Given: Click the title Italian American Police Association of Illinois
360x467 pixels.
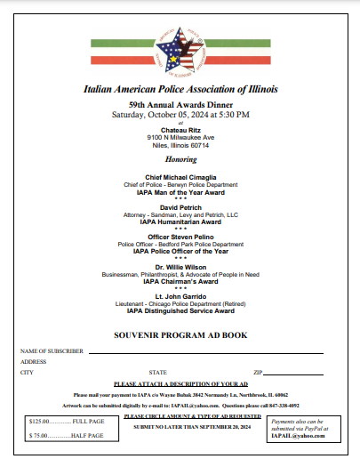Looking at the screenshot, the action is point(180,90).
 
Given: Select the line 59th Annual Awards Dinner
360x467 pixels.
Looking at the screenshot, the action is point(180,104).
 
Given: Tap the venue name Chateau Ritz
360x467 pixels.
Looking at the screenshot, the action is point(180,130).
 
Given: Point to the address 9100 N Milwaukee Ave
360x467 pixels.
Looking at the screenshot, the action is point(180,138).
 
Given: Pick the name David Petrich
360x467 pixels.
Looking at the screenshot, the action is point(180,206).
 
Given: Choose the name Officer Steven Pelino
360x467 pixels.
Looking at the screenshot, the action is point(180,237).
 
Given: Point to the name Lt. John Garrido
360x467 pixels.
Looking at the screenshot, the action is point(180,296).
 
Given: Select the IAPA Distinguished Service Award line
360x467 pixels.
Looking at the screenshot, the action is point(180,311).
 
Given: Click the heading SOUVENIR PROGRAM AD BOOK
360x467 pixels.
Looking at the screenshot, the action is point(180,338).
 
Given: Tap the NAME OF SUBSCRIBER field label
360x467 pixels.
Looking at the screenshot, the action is point(52,351).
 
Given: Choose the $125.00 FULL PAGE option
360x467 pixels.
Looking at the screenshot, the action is point(67,420).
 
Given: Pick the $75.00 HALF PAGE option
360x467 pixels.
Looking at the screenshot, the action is point(67,436).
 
